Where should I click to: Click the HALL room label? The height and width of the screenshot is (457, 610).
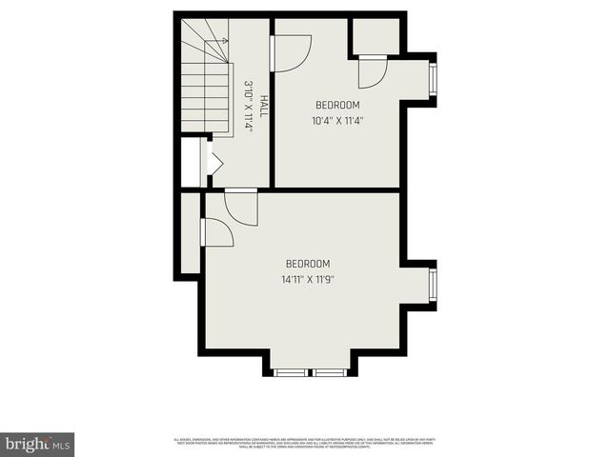(264, 106)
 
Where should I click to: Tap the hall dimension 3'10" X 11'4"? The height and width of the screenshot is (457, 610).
(248, 106)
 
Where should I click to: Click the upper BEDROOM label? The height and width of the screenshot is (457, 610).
(337, 105)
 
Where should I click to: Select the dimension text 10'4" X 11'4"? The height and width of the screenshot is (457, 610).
(337, 121)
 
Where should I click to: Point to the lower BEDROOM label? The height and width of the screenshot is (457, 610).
(307, 264)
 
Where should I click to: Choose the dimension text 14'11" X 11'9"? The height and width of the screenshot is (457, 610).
(307, 280)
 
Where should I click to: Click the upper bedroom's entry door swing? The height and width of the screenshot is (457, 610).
(292, 51)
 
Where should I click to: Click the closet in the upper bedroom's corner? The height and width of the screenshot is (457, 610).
(376, 35)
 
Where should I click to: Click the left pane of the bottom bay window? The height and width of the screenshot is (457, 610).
(289, 371)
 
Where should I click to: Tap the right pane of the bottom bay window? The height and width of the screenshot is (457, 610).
(330, 371)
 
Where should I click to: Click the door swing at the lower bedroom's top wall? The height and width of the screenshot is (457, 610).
(240, 208)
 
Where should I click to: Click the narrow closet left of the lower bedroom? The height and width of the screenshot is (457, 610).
(190, 233)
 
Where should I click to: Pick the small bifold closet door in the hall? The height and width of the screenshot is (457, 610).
(213, 164)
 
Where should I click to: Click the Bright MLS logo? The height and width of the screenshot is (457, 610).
(37, 444)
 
